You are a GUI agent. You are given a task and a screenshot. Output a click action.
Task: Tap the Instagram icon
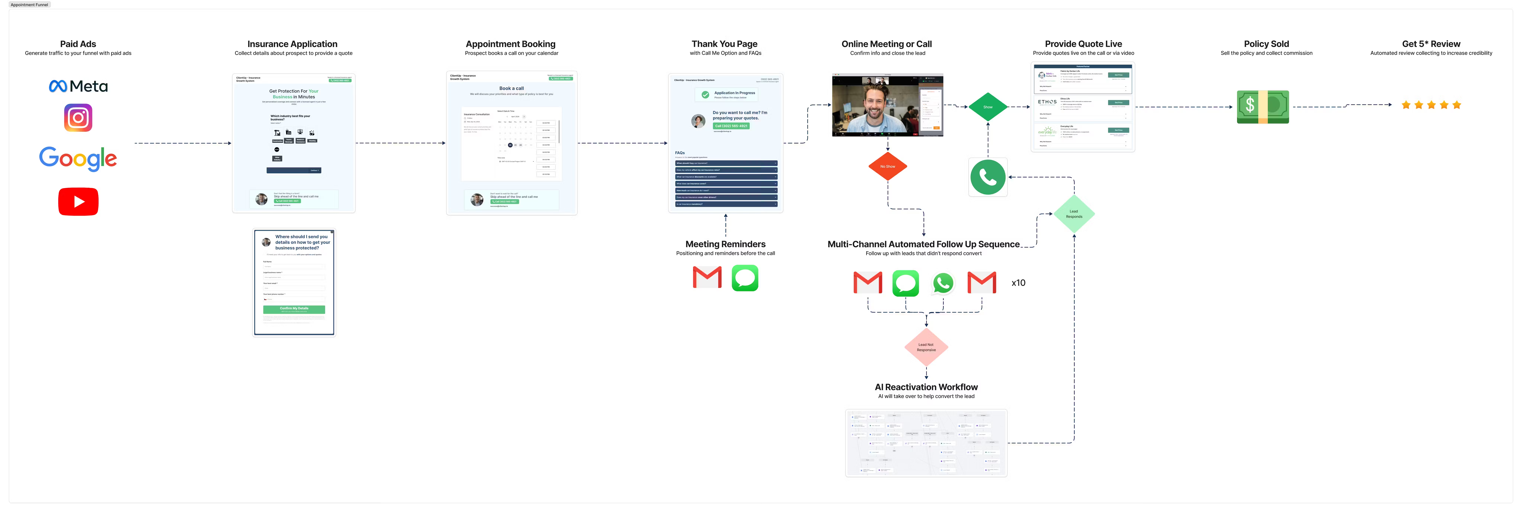[78, 118]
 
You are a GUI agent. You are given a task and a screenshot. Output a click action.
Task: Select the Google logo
[78, 158]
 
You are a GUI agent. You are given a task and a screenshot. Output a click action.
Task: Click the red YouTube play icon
[78, 201]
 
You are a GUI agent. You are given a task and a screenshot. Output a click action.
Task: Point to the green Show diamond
[987, 107]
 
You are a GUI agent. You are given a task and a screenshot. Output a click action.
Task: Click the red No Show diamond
[888, 166]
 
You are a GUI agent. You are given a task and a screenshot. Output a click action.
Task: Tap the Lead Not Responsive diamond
[926, 347]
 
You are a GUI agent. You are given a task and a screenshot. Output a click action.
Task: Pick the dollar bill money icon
[1263, 107]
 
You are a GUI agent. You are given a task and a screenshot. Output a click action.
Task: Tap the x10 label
[1018, 283]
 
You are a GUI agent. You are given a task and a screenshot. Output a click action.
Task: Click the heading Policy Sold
[1266, 44]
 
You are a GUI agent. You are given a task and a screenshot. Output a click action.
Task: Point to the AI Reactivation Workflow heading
[926, 387]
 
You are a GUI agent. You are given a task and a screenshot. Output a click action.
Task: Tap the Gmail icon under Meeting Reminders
[707, 278]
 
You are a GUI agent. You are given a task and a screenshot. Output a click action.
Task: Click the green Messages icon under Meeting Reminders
[744, 278]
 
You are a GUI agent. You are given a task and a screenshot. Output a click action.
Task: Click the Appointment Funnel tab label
[30, 5]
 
